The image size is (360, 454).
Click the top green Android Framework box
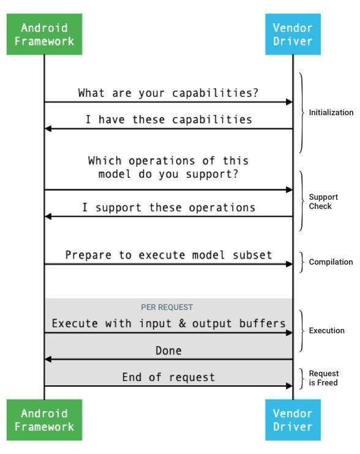coord(44,34)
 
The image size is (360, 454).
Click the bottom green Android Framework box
coord(44,420)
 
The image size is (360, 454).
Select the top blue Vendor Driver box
coord(293,34)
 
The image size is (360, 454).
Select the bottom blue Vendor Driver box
coord(293,420)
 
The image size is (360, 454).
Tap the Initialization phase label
coord(331,112)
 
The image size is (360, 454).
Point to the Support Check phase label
coord(323,202)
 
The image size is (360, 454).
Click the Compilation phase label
coord(331,262)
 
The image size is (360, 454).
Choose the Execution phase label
coord(327,331)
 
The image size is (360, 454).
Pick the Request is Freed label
coord(323,378)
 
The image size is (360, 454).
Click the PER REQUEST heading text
coord(167,307)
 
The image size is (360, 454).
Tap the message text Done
coord(169,350)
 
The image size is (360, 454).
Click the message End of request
coord(169,377)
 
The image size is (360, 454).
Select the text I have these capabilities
coord(169,119)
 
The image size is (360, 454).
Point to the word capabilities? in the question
coord(215,93)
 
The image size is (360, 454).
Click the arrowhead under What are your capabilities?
coord(289,102)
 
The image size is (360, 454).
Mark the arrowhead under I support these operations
coord(48,216)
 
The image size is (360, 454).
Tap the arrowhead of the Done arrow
coord(48,359)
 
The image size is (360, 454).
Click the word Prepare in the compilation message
coord(88,255)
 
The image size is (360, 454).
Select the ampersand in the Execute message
coord(182,323)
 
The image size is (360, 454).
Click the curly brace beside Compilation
coord(302,262)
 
